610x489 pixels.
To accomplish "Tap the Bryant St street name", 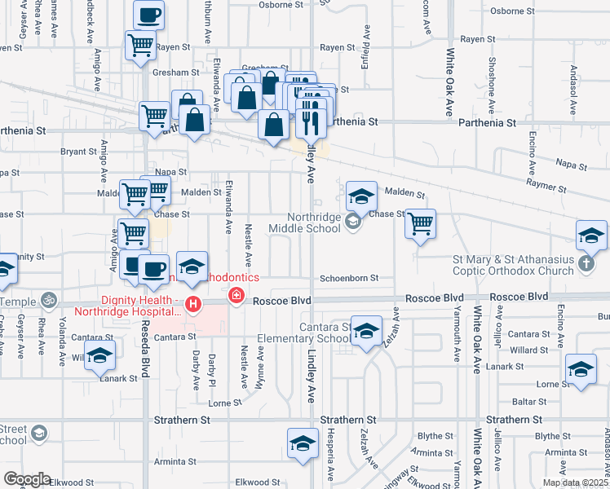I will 78,151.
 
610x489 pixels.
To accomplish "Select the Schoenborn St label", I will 349,278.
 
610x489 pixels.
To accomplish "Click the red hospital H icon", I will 193,306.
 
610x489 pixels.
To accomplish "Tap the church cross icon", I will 586,263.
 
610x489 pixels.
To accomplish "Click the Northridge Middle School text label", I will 314,223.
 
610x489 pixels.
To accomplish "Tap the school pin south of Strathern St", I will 302,443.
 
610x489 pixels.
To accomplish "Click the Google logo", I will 26,479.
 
